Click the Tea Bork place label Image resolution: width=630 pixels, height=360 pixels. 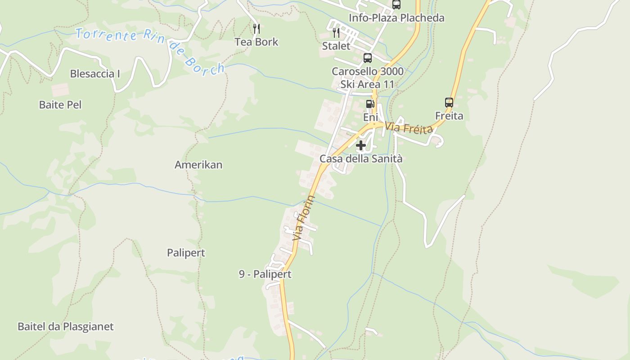256,42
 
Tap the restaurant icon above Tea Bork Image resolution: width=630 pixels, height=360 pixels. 256,29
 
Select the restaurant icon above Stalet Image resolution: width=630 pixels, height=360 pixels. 336,32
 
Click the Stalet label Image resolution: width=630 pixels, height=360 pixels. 336,46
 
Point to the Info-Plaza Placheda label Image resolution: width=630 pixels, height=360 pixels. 396,18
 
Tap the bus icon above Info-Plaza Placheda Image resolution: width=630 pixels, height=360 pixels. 396,4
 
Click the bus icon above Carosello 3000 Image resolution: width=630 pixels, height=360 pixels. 368,58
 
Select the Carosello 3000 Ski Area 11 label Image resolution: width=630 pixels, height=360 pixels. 368,78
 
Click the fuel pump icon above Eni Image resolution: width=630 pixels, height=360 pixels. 370,104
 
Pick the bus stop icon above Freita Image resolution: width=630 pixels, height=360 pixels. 449,103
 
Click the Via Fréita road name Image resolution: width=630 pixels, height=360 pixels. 409,128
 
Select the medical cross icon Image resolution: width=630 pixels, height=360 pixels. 361,145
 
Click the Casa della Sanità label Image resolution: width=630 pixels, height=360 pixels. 361,159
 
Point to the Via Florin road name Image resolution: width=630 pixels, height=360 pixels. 304,218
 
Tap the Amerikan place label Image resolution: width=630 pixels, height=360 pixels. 198,165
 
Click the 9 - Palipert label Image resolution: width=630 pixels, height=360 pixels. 265,274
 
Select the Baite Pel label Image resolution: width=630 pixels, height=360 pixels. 60,105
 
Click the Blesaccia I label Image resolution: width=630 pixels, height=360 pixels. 95,74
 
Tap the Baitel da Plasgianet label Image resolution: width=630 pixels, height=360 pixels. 66,327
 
